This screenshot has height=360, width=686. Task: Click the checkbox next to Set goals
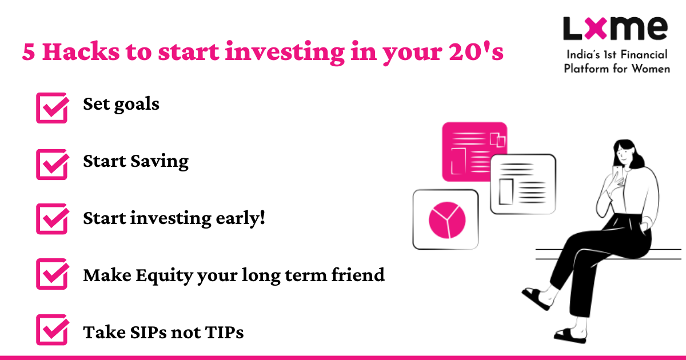point(52,108)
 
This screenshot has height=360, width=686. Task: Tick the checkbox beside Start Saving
point(52,165)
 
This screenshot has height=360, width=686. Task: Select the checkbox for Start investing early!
point(52,219)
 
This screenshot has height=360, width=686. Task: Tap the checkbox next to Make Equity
point(52,274)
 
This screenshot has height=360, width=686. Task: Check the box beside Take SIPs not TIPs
point(52,330)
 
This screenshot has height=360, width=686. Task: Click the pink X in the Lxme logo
point(596,28)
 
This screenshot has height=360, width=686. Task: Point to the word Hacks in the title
point(81,51)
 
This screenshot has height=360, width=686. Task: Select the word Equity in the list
point(164,276)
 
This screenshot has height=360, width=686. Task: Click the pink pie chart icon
point(447,220)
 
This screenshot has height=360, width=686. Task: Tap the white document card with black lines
point(523,184)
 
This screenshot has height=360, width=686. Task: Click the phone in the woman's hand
point(618,174)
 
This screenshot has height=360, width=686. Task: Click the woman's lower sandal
point(571,336)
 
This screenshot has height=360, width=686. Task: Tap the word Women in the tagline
point(651,69)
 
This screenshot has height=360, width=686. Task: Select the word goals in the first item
point(137,105)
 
